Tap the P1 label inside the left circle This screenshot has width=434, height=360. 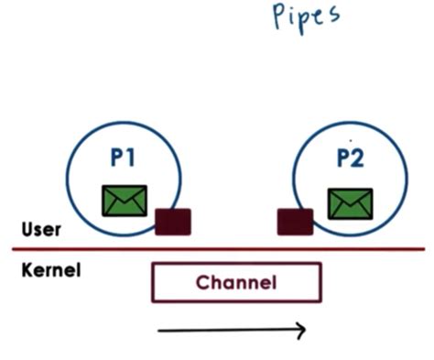[x=124, y=158]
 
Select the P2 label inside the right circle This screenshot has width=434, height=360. [x=349, y=159]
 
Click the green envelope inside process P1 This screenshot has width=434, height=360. [x=125, y=201]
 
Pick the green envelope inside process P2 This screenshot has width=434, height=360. [x=350, y=203]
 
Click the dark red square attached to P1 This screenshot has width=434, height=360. [x=172, y=222]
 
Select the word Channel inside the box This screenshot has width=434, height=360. [x=236, y=282]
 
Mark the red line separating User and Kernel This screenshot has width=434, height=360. [x=220, y=249]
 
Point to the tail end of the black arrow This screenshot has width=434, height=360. [x=160, y=331]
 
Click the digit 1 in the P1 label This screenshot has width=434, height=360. [x=132, y=158]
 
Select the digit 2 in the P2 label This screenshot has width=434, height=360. [x=357, y=159]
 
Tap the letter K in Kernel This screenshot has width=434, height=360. [x=25, y=270]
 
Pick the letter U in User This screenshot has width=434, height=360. [x=26, y=229]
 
